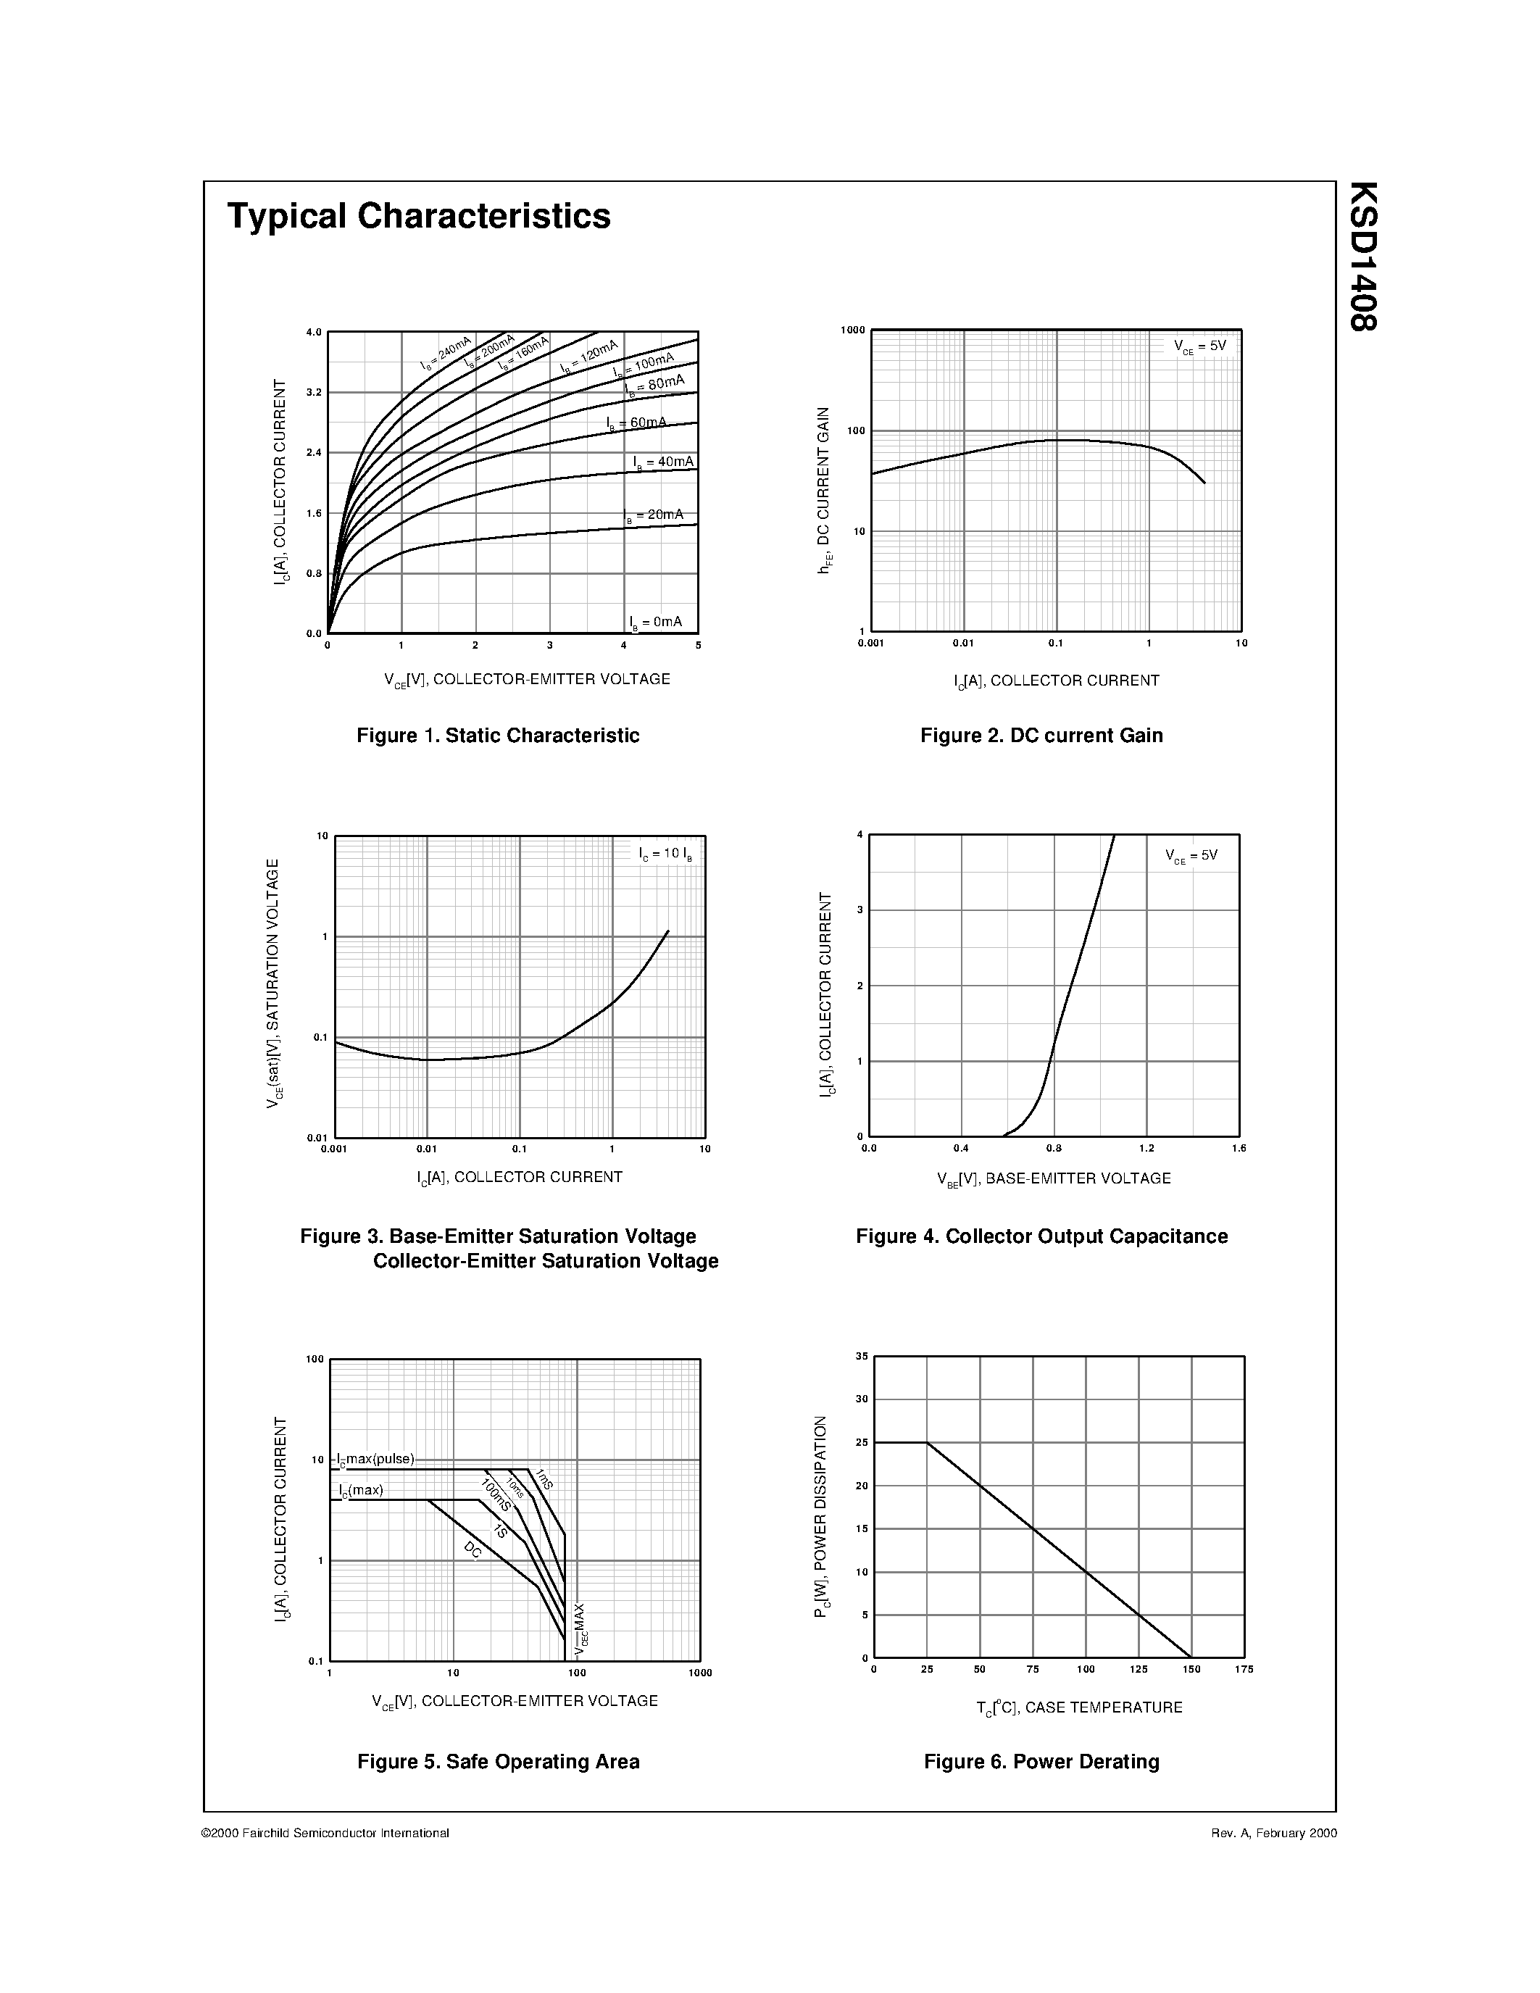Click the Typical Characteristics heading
coord(419,216)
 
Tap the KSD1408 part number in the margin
coord(1362,257)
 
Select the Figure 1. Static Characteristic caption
coord(498,736)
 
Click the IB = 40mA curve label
coord(663,462)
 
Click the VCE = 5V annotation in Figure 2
coord(1199,346)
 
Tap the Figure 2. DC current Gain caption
coord(1041,736)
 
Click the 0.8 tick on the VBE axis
coord(1054,1148)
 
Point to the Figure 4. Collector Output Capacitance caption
coord(1041,1236)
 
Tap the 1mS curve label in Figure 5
coord(545,1479)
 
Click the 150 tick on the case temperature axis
coord(1191,1669)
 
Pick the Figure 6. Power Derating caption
coord(1041,1762)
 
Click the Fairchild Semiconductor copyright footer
coord(325,1834)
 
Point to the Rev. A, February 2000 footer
coord(1273,1834)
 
